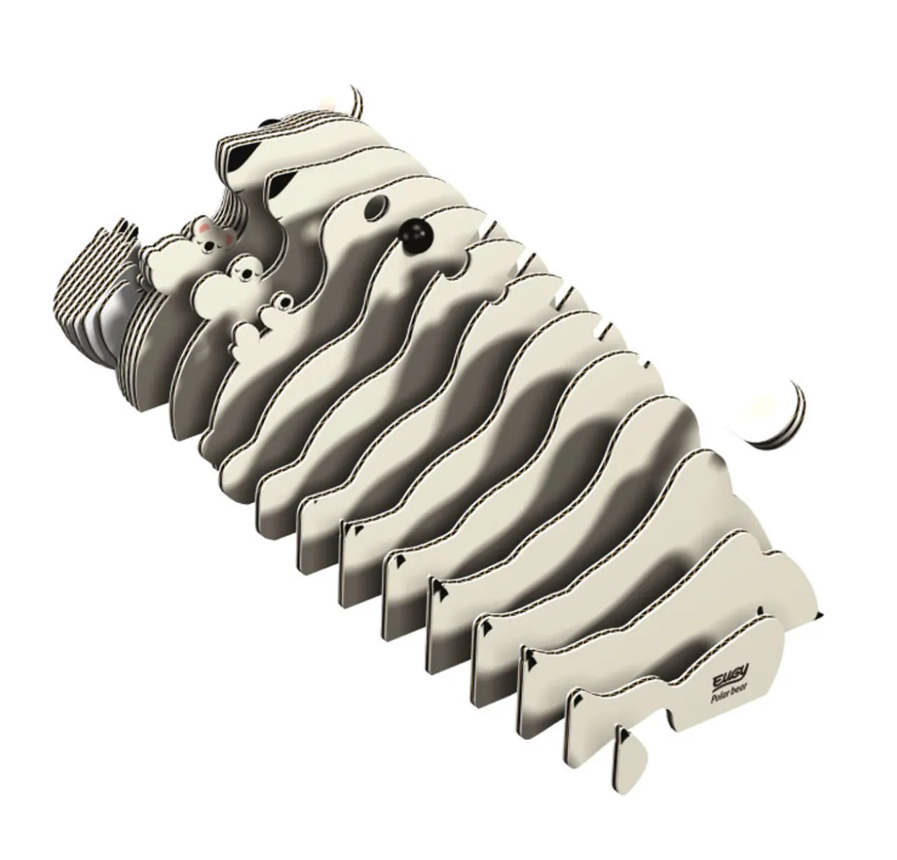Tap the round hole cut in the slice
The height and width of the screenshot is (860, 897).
[x=375, y=209]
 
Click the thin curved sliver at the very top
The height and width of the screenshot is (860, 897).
[x=357, y=101]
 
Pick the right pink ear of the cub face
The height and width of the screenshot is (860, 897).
[x=229, y=235]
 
